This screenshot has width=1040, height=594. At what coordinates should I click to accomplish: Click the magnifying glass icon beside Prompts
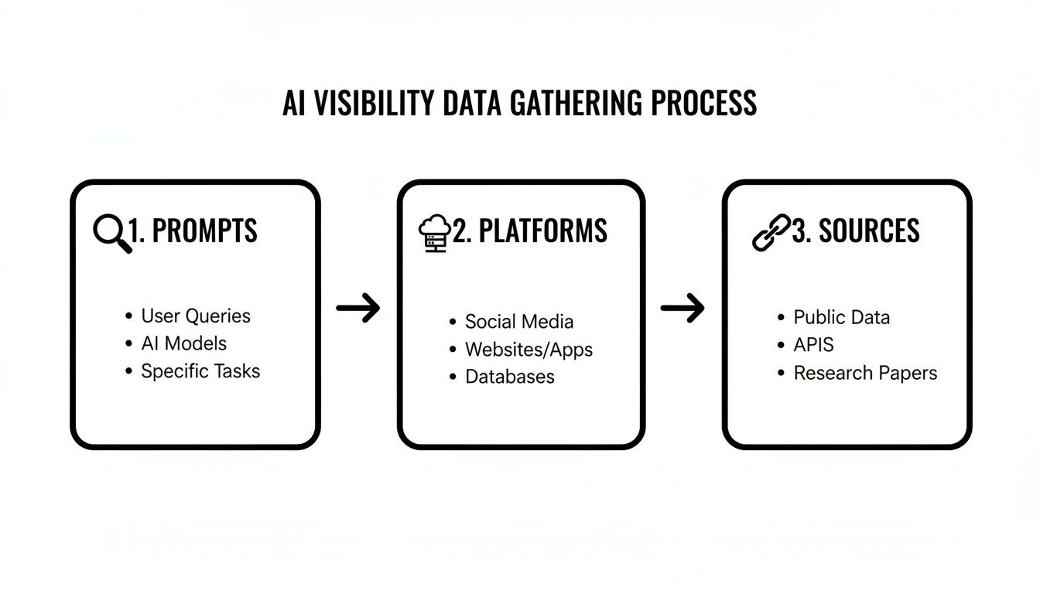[111, 232]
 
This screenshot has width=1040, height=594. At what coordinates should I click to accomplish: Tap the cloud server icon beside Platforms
[434, 232]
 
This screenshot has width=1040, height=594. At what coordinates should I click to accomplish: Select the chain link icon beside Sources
[771, 232]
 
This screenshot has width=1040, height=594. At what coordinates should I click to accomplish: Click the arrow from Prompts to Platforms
[358, 308]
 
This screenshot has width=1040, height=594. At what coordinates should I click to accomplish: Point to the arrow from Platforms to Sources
[682, 308]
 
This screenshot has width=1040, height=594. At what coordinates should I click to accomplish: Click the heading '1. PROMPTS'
[193, 231]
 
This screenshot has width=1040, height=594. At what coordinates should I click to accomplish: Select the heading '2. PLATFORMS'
[530, 231]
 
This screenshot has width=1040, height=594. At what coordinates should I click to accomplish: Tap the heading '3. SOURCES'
[856, 231]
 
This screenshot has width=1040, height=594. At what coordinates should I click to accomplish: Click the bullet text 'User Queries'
[196, 316]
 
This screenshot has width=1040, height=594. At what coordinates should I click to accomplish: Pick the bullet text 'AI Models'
[183, 343]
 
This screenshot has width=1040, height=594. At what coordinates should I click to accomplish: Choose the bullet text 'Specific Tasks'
[200, 371]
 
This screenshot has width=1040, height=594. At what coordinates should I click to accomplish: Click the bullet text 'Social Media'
[519, 322]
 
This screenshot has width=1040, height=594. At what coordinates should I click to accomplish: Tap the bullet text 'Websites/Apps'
[529, 350]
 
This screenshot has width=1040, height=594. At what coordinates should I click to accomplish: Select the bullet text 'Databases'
[510, 377]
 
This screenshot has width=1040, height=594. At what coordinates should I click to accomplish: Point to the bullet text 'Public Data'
[842, 317]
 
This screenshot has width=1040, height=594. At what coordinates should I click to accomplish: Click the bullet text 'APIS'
[814, 345]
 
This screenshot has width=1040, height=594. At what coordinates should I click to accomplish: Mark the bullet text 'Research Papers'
[865, 373]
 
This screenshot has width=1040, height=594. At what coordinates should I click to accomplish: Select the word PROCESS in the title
[703, 103]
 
